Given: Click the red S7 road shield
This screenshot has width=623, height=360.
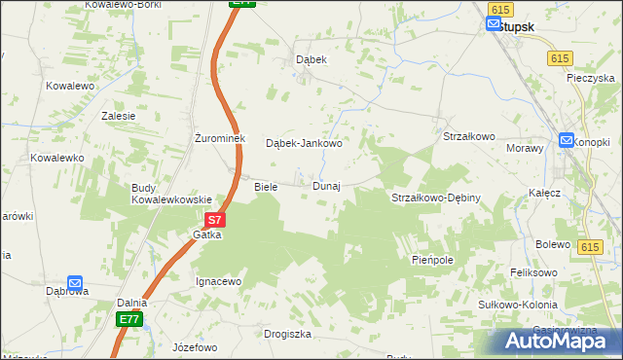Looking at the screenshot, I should click(216, 221).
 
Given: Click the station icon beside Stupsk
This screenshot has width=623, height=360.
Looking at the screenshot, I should click(493, 25).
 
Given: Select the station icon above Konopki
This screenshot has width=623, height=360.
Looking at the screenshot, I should click(568, 140).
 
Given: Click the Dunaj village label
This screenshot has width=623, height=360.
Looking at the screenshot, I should click(326, 186).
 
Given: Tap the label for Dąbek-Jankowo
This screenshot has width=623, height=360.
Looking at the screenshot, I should click(305, 143).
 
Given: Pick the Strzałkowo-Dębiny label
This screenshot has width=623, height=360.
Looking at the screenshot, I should click(436, 198).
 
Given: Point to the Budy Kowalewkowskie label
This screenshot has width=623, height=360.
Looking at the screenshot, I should click(171, 193).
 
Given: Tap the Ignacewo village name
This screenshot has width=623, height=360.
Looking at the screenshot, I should click(218, 281).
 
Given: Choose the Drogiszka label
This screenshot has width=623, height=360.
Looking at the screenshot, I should click(287, 334).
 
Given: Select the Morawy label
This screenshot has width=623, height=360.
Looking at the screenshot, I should click(524, 148).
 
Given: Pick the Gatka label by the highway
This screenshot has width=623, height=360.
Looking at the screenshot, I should click(207, 234).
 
